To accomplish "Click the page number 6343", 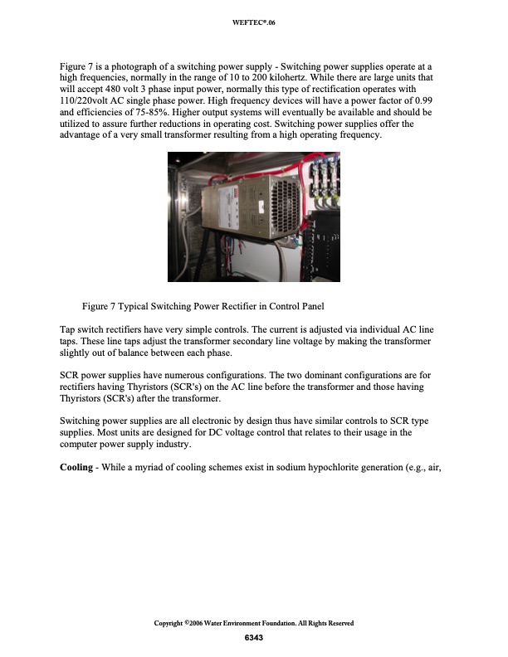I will tap(254, 637).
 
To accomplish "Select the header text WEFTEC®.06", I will tap(254, 22).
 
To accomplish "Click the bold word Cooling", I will tap(76, 468).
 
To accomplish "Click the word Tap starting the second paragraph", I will tap(69, 329).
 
